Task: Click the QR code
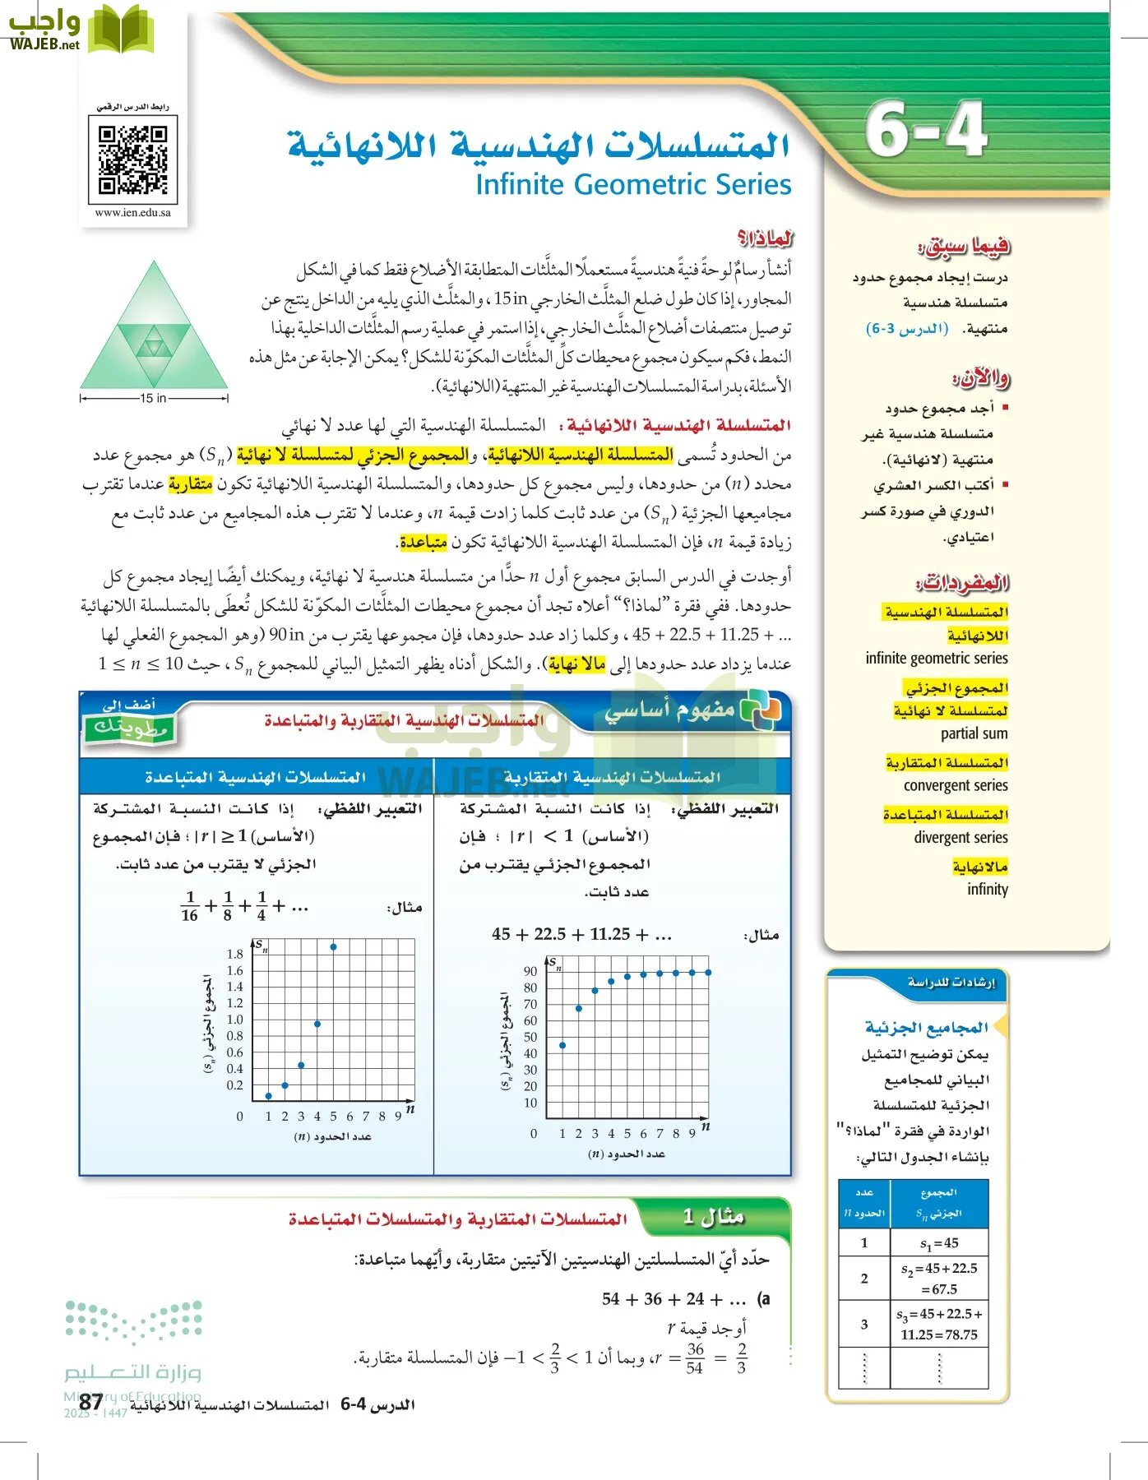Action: click(132, 160)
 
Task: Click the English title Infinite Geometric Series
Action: click(633, 184)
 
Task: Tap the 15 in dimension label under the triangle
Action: click(153, 398)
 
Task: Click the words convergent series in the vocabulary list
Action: click(955, 785)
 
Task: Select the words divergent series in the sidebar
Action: click(960, 837)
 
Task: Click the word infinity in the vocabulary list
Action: click(987, 889)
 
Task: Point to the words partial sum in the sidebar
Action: click(974, 733)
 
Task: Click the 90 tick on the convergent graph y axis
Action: click(530, 971)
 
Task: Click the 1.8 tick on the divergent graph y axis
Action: click(234, 954)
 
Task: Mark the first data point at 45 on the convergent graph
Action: click(562, 1045)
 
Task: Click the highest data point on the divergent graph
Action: click(333, 946)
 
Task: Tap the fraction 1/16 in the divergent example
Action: click(190, 906)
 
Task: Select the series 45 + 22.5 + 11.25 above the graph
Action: click(582, 934)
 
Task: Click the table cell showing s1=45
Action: click(938, 1243)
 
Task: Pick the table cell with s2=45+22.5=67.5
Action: click(938, 1278)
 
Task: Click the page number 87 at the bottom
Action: click(91, 1402)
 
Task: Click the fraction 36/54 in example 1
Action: click(695, 1358)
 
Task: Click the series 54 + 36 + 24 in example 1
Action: click(674, 1299)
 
